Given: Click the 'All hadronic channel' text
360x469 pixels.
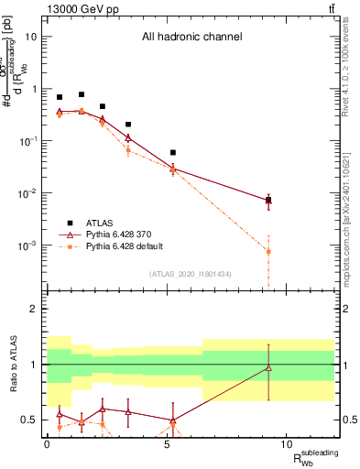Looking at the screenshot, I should pos(191,38).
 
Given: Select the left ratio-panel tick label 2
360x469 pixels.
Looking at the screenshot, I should pos(32,309).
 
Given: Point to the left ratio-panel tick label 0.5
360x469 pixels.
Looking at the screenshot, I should pos(28,420).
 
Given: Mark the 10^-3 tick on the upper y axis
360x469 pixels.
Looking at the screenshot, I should pos(28,245).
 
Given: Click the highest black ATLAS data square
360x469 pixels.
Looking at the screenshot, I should pos(82,94).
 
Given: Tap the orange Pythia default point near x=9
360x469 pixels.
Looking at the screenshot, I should pos(268,251).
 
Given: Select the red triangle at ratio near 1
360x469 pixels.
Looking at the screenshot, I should pos(268,368).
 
